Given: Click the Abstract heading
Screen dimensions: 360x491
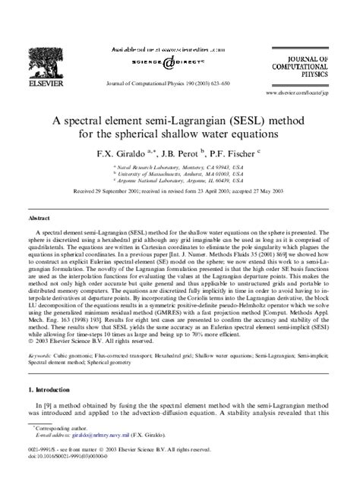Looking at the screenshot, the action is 39,218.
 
